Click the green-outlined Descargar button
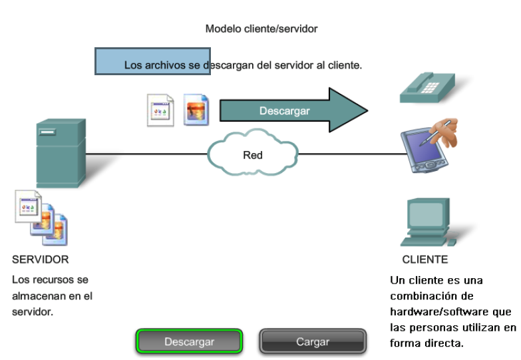[x=189, y=341]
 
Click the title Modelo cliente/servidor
[x=261, y=29]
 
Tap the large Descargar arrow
[x=293, y=110]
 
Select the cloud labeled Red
[x=253, y=155]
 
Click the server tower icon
[x=61, y=154]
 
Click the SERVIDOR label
[x=40, y=259]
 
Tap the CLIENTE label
[x=425, y=260]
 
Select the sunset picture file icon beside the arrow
[x=196, y=110]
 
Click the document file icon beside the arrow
[x=160, y=110]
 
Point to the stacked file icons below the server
[x=41, y=216]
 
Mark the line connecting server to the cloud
[x=146, y=154]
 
